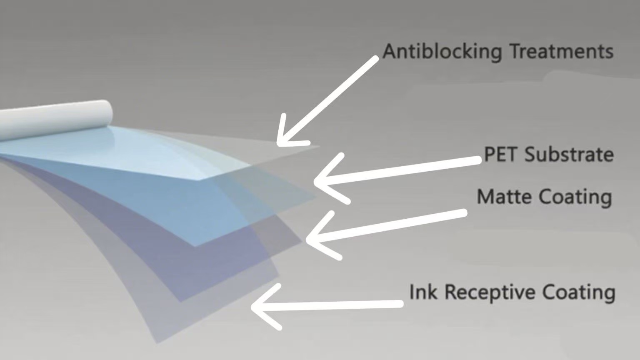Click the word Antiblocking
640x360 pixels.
pyautogui.click(x=442, y=52)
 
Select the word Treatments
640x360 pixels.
pyautogui.click(x=561, y=52)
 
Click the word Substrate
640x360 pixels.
pyautogui.click(x=569, y=154)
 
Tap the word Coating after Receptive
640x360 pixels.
pyautogui.click(x=579, y=292)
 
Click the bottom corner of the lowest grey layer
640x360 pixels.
pyautogui.click(x=157, y=342)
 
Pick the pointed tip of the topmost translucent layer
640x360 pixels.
pyautogui.click(x=318, y=147)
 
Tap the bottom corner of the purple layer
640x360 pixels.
pyautogui.click(x=180, y=301)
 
